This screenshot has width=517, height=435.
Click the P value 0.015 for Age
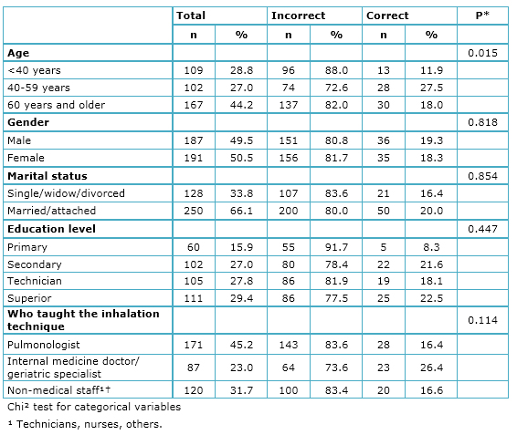coord(482,53)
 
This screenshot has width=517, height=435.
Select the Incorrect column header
coord(298,16)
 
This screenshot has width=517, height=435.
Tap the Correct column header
coord(387,16)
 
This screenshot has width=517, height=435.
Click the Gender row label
coord(28,122)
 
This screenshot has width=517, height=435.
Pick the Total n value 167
coord(194,105)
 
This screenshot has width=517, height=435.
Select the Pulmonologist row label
coord(44,345)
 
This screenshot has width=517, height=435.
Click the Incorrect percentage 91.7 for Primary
coord(336,247)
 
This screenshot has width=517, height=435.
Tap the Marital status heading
coord(47,176)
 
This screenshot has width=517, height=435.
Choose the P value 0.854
coord(482,176)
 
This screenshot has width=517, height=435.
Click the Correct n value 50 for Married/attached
coord(384,211)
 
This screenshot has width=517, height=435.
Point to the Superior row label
coord(29,298)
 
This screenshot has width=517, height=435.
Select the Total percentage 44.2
coord(241,105)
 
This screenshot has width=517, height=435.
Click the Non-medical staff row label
coord(58,390)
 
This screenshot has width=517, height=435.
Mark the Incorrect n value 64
coord(289,368)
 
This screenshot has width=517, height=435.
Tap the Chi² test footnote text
coord(94,407)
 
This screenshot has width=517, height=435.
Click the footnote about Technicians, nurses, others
coord(85,424)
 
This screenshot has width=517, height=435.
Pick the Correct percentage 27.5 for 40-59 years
coord(431,88)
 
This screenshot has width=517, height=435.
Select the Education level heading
coord(51,229)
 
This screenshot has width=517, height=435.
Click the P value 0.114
coord(482,320)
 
